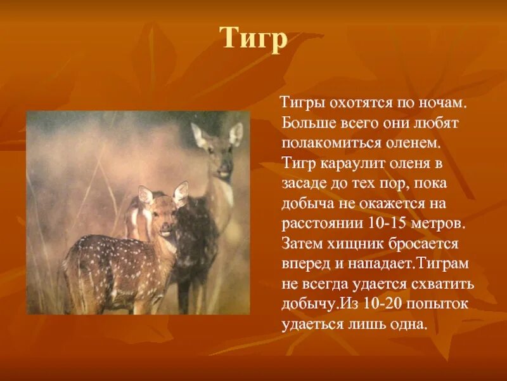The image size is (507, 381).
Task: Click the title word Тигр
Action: [x=253, y=39]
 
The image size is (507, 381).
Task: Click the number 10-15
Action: [x=385, y=224]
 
